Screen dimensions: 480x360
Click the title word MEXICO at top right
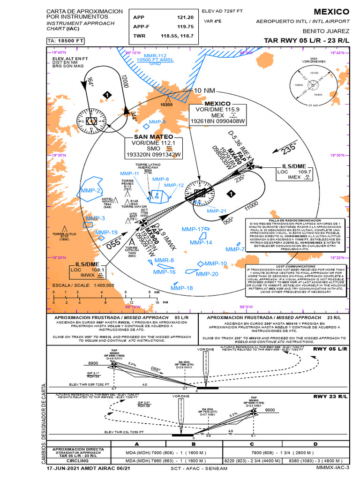[x=331, y=12]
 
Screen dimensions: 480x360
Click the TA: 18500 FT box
[x=65, y=41]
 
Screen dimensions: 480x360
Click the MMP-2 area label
[x=90, y=190]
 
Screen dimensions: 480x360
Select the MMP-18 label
[x=181, y=288]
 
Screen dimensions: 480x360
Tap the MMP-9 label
[x=157, y=122]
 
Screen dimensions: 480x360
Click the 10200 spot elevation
[x=167, y=105]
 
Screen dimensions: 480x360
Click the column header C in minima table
[x=252, y=443]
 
